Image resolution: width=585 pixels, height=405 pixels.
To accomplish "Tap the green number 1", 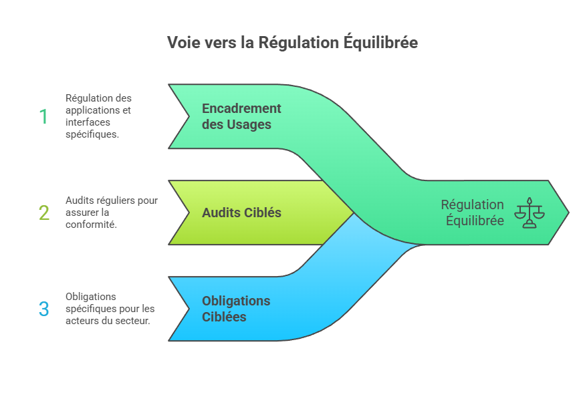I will coord(43,117).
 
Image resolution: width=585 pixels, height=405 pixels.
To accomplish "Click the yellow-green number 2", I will coord(44,213).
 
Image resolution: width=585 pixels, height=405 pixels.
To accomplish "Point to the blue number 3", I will coord(44,309).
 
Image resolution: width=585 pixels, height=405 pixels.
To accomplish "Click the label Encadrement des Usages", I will coord(241,116).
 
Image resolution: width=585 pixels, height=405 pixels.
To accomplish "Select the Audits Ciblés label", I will coord(241,213).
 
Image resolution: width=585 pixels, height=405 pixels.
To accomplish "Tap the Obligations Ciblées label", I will coord(236,309).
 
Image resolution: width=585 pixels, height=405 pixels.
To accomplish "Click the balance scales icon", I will coord(530,213).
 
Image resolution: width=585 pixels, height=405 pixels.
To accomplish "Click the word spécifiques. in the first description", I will coord(92,134).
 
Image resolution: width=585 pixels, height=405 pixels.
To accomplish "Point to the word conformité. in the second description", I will coord(92,225).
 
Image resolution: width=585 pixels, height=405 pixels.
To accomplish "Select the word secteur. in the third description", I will coord(132,321).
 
